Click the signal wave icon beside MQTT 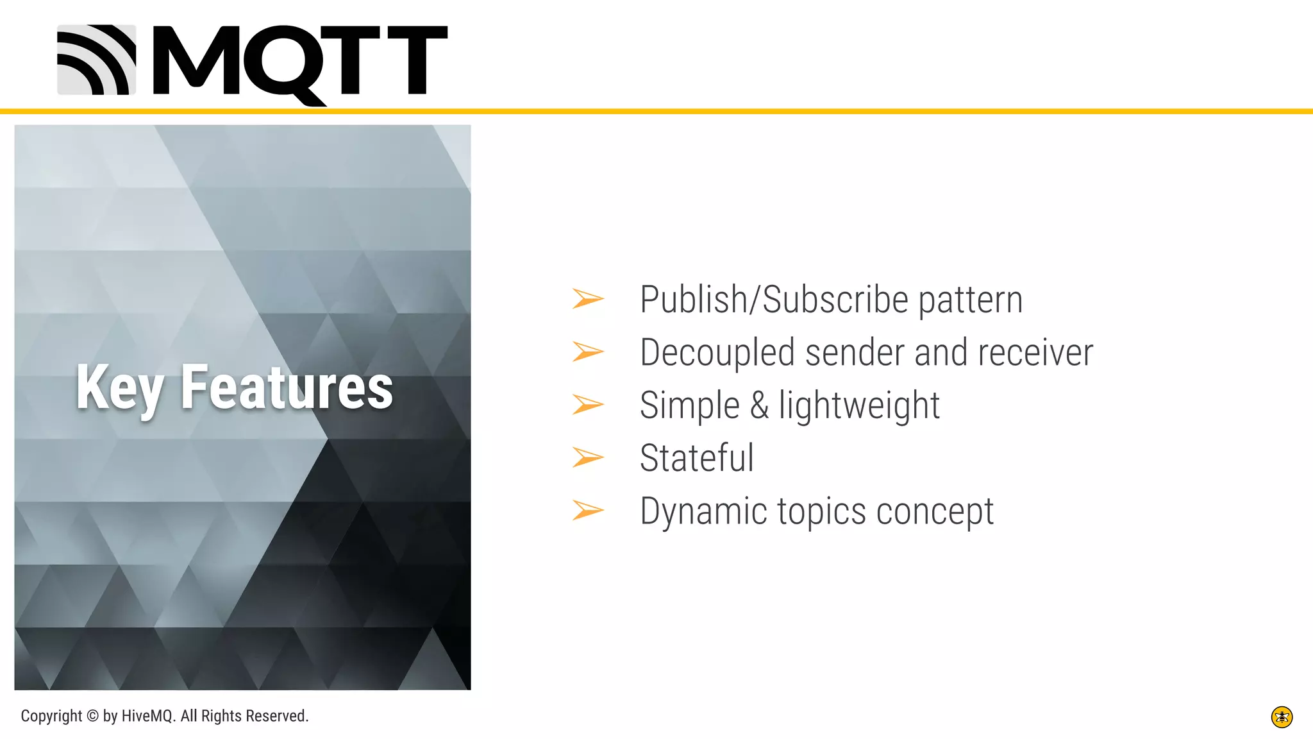point(97,60)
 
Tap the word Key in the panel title point(119,387)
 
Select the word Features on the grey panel point(287,387)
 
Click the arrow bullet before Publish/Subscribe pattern point(588,299)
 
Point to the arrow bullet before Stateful point(588,457)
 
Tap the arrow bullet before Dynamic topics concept point(588,511)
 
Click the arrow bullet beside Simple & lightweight point(588,405)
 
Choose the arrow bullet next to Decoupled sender point(588,352)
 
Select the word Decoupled point(717,353)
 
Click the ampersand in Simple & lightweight point(759,405)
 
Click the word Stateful point(697,458)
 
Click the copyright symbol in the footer point(92,716)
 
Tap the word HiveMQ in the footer point(148,716)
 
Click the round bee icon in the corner point(1282,717)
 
